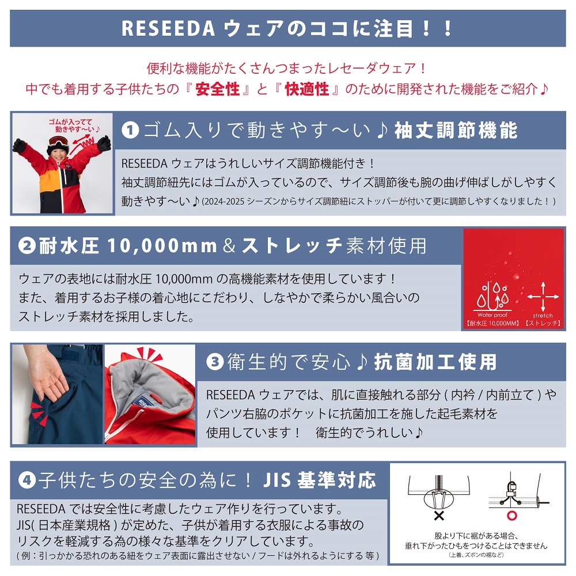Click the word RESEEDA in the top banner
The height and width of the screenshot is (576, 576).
coord(168,29)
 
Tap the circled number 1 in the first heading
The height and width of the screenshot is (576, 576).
coord(130,130)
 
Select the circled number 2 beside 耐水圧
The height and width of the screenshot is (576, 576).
coord(27,246)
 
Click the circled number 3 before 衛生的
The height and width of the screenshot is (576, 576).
coord(215,362)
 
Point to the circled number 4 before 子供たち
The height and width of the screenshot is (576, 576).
coord(27,480)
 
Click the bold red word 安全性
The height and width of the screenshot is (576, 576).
coord(218,89)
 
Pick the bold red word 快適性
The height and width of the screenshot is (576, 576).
coord(307,89)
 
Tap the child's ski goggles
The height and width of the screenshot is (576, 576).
coord(58,141)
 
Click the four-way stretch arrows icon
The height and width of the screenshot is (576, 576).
coord(543,297)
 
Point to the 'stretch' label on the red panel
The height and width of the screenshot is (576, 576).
coord(543,316)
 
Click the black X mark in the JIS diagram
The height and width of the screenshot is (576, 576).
coord(439,516)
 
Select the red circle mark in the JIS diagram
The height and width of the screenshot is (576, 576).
coord(512,516)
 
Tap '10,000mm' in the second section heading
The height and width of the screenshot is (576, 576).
coord(162,246)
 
